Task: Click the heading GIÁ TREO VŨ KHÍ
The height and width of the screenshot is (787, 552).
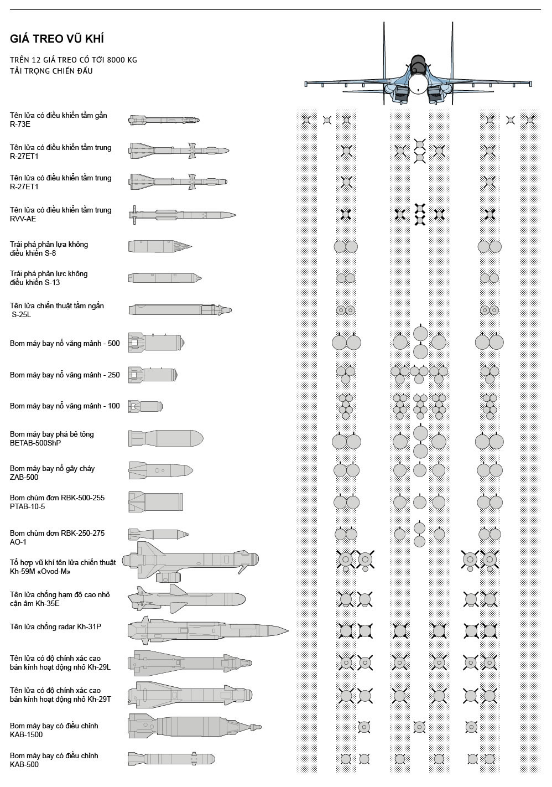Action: coord(57,39)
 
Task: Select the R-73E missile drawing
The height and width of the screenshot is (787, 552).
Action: coord(164,120)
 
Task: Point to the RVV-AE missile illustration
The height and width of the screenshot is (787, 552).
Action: coord(183,214)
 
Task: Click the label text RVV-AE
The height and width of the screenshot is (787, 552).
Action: coord(23,219)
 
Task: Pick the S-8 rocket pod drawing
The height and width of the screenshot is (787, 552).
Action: coord(160,246)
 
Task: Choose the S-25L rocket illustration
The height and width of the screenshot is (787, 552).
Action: coord(180,309)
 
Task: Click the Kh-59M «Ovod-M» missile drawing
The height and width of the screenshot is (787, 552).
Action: coord(191,562)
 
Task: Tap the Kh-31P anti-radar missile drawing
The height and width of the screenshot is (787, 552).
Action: coord(207,630)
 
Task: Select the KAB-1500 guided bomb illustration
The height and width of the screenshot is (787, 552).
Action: coord(194,727)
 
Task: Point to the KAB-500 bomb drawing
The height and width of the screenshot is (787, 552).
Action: coord(171,758)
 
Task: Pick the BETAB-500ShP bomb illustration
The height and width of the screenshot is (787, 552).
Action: coord(165,438)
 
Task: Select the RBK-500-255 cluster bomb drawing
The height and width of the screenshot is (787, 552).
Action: coord(156,502)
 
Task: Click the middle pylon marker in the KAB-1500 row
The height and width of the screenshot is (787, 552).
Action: coord(419,727)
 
